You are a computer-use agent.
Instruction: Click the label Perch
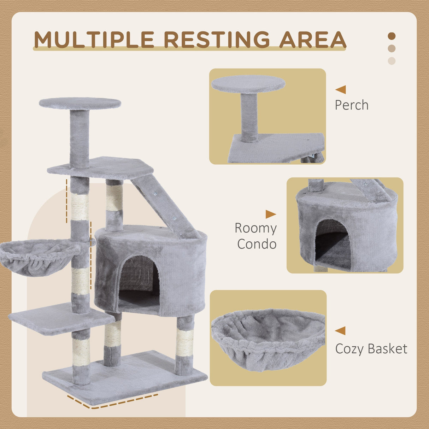coord(352,105)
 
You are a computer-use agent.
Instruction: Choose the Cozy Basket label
coord(371,349)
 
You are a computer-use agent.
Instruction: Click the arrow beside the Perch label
coord(341,90)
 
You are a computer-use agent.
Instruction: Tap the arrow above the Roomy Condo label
coord(271,214)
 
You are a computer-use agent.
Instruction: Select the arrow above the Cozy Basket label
coord(340,331)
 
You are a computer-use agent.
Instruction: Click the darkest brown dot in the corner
coord(392,36)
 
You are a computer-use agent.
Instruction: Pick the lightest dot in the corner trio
coord(392,61)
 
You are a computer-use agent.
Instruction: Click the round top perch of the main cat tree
coord(80,104)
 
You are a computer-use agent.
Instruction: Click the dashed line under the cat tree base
coord(113,403)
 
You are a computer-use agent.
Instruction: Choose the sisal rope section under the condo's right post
coord(185,343)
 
